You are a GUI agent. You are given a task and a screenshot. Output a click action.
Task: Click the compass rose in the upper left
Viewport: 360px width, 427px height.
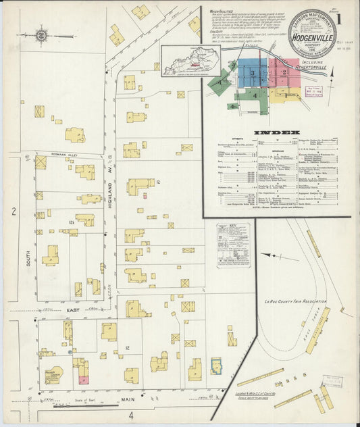click(x=42, y=34)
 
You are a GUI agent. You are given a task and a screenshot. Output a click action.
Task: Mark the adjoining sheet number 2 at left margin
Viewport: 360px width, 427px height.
click(x=13, y=211)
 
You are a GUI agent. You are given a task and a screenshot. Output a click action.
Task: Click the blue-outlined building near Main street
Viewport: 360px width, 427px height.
click(x=216, y=366)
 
